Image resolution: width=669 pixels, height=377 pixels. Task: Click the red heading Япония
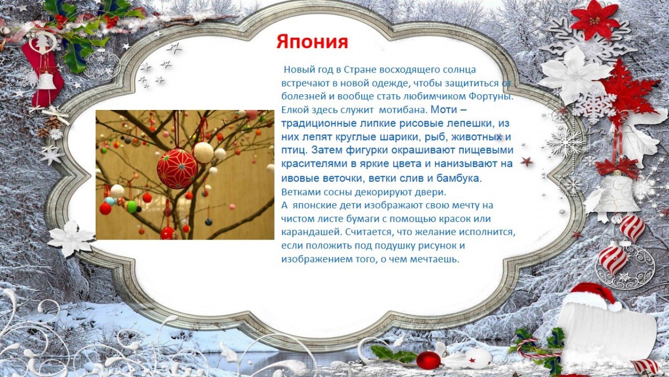312,42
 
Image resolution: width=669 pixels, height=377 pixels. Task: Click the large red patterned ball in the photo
177,168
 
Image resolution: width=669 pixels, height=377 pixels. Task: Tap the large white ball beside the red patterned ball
203,152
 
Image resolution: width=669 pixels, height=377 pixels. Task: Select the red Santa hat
595,296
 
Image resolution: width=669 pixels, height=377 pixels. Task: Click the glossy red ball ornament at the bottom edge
428,360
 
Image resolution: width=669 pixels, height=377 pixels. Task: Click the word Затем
327,150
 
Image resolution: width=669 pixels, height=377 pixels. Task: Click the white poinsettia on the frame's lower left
72,238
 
